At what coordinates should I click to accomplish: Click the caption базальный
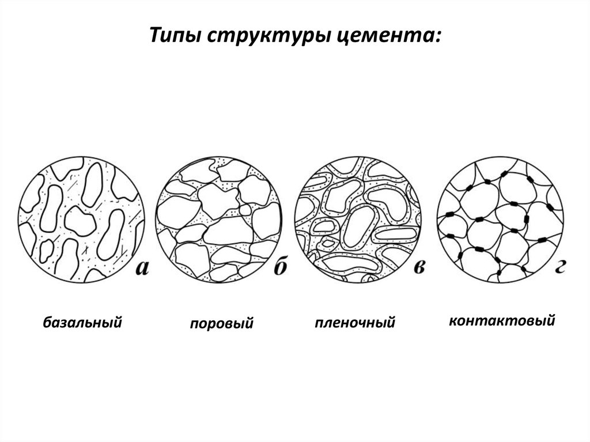(82, 322)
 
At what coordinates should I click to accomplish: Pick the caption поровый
(222, 323)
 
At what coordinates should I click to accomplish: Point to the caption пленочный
(355, 323)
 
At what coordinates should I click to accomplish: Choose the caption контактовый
(502, 321)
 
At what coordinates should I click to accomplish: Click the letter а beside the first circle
(142, 268)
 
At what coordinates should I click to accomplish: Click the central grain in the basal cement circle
(80, 221)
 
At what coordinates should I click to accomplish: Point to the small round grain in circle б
(245, 210)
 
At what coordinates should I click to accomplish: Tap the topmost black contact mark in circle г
(504, 173)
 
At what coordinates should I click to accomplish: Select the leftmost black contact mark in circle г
(449, 215)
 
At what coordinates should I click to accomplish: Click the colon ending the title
(437, 36)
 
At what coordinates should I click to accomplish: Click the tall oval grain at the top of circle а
(92, 185)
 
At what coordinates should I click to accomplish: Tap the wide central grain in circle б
(228, 231)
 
